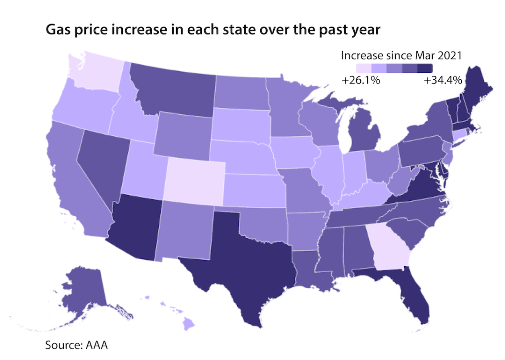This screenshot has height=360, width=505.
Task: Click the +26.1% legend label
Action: pos(361,80)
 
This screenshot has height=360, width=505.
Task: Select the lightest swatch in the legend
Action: pos(364,68)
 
